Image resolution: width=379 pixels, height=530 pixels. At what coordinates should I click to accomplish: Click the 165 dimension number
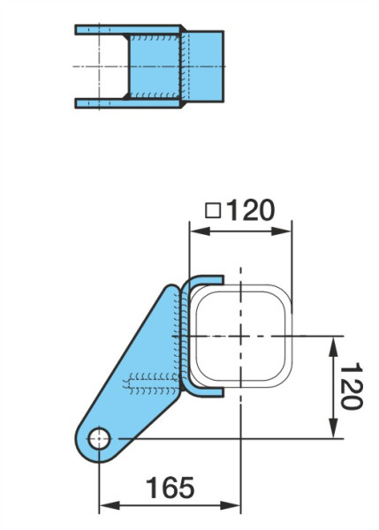[170, 487]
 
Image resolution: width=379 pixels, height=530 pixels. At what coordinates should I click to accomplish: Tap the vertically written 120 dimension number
[351, 386]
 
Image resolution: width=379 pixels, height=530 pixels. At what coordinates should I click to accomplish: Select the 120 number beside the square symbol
[250, 210]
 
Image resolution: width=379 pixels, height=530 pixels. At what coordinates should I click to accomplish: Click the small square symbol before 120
[213, 211]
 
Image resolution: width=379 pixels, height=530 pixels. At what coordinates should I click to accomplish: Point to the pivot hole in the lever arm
[99, 439]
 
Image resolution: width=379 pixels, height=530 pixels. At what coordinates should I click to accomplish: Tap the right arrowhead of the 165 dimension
[230, 506]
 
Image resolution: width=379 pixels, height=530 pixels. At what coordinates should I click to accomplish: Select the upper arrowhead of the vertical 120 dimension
[334, 347]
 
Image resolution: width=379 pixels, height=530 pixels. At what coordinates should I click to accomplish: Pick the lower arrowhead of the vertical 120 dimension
[334, 428]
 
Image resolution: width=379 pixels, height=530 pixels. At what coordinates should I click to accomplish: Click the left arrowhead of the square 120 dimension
[201, 231]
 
